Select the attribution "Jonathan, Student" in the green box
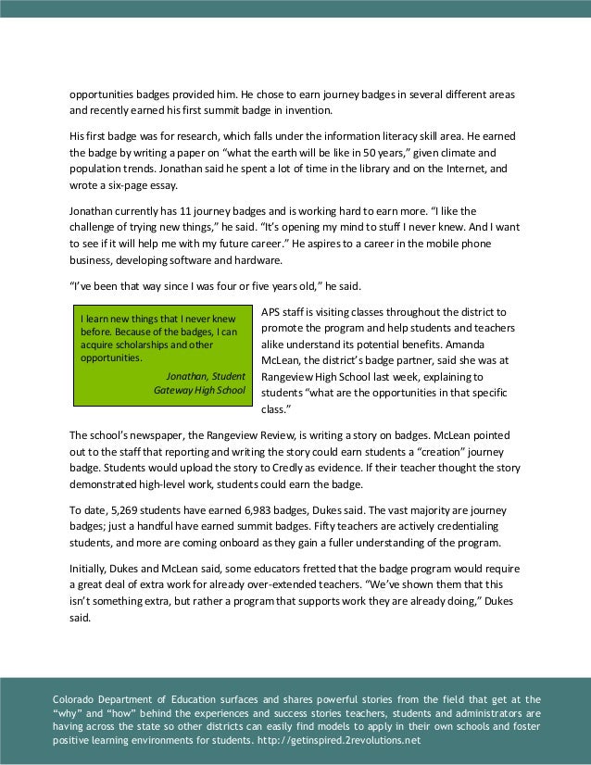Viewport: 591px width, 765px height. pos(207,376)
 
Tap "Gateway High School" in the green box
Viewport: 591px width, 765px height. pos(200,391)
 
